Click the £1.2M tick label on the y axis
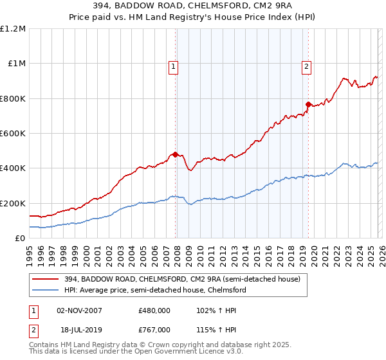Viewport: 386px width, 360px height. (x=14, y=28)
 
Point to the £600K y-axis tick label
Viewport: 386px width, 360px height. (x=14, y=133)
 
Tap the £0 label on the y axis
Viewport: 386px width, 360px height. (x=20, y=238)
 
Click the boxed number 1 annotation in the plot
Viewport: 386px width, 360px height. (x=174, y=66)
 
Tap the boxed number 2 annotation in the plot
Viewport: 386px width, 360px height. (x=306, y=66)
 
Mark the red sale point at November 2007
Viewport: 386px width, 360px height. (x=175, y=154)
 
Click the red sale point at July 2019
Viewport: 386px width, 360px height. (x=308, y=104)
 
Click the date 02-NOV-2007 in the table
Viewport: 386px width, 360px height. (x=80, y=310)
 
